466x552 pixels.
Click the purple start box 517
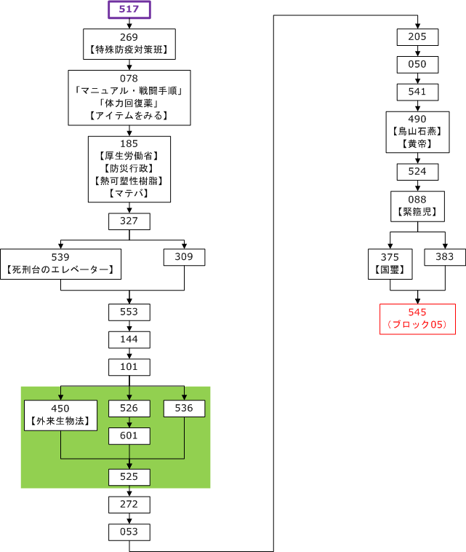tap(129, 9)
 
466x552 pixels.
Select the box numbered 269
tap(129, 44)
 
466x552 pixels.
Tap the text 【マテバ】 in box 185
tap(129, 193)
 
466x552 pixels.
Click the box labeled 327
tap(129, 221)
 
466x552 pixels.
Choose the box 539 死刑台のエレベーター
tap(61, 264)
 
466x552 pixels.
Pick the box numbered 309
tap(184, 257)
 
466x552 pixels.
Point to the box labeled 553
tap(129, 312)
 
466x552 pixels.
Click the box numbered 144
tap(129, 339)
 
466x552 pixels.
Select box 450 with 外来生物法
tap(61, 415)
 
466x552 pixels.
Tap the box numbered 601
tap(129, 435)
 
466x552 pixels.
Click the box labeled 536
tap(184, 409)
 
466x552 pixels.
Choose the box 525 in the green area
tap(129, 477)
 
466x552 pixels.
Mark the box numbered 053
tap(129, 532)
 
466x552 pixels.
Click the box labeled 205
tap(417, 37)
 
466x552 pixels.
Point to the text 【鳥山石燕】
tap(417, 132)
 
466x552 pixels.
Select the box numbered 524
tap(417, 172)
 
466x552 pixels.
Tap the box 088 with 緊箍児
tap(417, 206)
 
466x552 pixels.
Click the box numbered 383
tap(444, 257)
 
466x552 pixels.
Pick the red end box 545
tap(417, 318)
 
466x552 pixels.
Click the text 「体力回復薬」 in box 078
tap(129, 103)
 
